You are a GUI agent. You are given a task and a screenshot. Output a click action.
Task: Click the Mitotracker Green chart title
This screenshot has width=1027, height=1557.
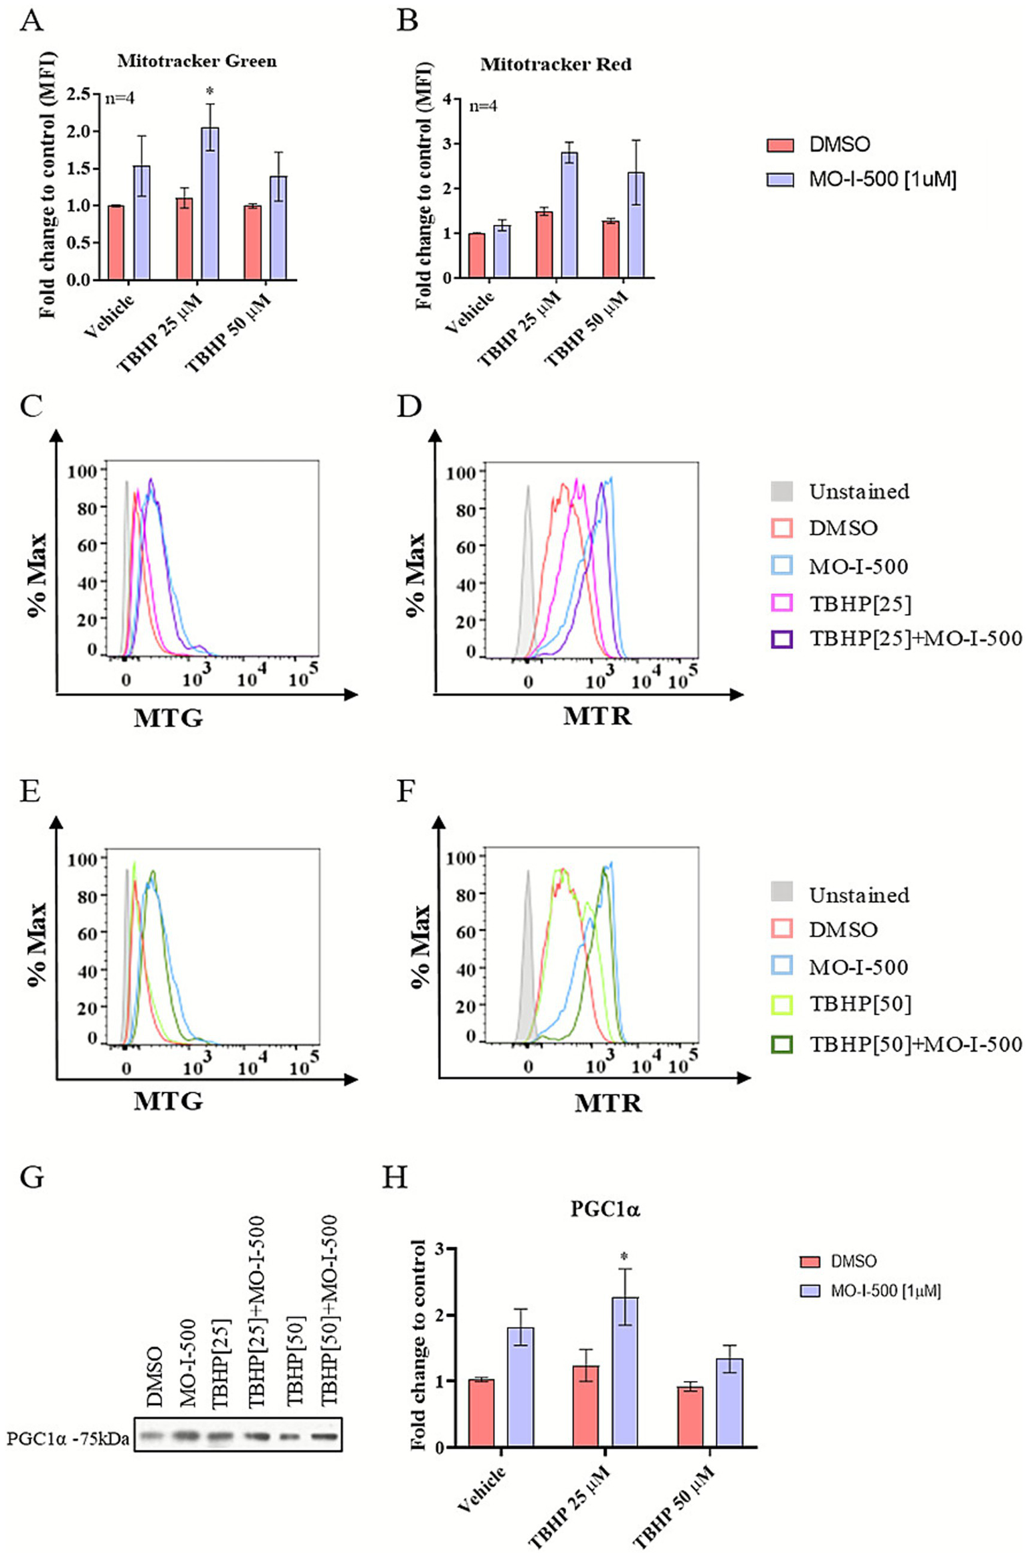[x=197, y=62]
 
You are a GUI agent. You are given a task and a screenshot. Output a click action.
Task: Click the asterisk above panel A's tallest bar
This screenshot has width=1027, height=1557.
[x=210, y=91]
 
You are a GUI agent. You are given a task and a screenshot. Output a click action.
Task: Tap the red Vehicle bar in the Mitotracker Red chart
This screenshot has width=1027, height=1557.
[x=476, y=255]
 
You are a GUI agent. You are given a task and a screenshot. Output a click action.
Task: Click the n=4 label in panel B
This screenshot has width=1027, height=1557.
[x=483, y=106]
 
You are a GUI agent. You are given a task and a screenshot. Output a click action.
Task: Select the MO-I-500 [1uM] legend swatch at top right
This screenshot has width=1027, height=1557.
[x=780, y=179]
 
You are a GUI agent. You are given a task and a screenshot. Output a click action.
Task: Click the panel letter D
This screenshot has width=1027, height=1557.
[x=408, y=406]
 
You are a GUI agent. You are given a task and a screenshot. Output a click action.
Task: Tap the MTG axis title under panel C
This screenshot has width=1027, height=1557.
[x=168, y=718]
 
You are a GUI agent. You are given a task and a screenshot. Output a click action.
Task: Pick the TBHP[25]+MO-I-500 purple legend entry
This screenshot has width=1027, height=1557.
[x=897, y=639]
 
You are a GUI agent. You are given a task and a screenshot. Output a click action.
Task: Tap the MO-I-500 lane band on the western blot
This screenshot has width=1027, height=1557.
[x=189, y=1435]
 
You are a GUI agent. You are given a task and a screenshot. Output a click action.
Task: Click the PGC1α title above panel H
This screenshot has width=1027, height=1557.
[x=605, y=1208]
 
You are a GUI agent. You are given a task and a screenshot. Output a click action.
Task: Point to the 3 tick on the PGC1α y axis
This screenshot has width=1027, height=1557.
[x=440, y=1249]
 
